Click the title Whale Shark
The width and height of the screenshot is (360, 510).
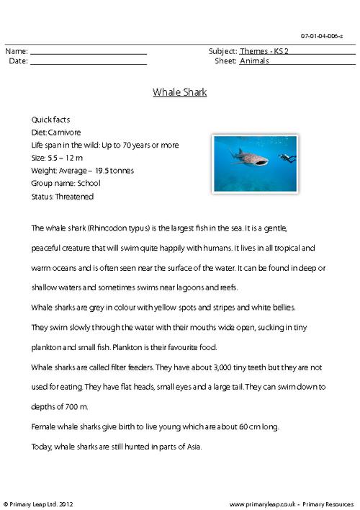tap(180, 92)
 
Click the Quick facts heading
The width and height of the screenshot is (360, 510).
tap(50, 119)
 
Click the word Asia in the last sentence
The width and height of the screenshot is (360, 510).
tap(192, 446)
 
